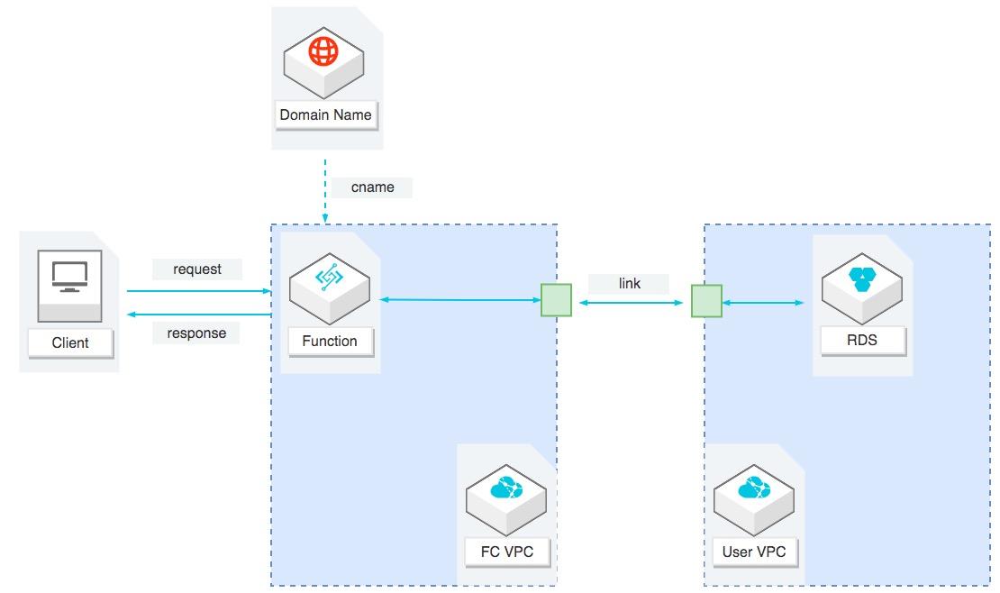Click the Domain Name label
pos(325,115)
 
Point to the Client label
pos(70,342)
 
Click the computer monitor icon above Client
pos(69,276)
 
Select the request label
pos(196,269)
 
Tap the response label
pos(196,333)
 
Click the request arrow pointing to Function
pos(198,291)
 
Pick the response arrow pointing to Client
pos(198,315)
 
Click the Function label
pos(330,342)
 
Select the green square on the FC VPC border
pos(556,301)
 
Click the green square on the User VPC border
pos(706,301)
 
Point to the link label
pos(629,283)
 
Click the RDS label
pos(862,342)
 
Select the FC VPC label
pos(506,552)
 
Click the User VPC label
pos(754,552)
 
